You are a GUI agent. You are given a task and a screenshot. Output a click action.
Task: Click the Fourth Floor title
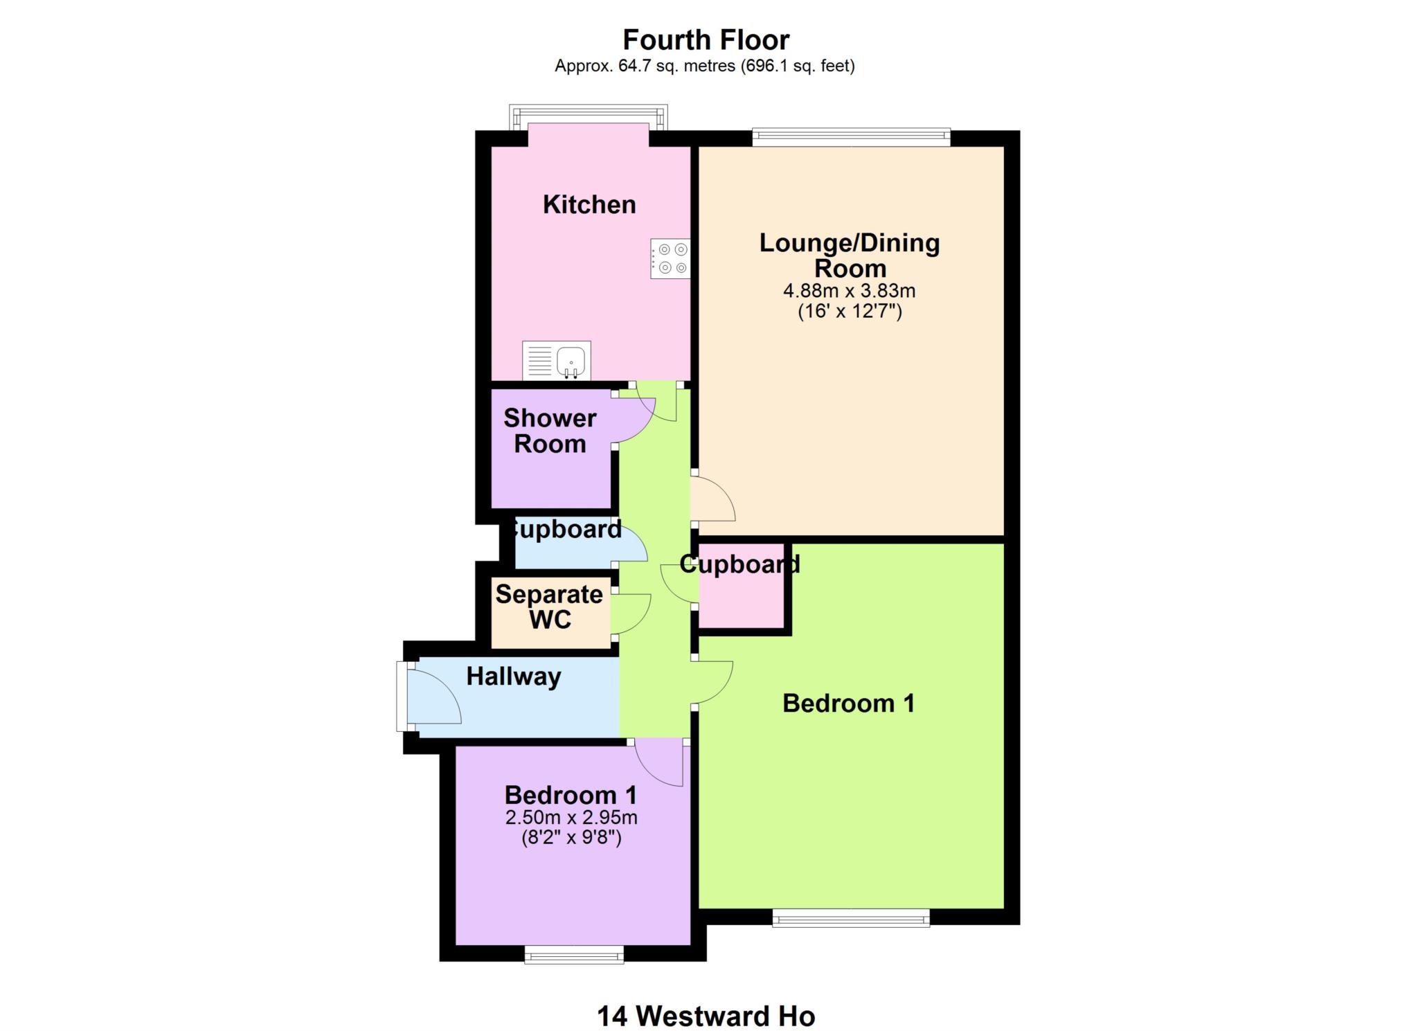pyautogui.click(x=706, y=40)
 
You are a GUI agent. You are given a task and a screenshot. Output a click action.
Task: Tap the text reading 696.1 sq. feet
pyautogui.click(x=798, y=66)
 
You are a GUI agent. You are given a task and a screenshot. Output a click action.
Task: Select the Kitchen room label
pyautogui.click(x=589, y=205)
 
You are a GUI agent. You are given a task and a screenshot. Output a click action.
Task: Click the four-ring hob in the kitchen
pyautogui.click(x=670, y=258)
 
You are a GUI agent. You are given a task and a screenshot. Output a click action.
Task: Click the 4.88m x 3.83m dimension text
pyautogui.click(x=849, y=291)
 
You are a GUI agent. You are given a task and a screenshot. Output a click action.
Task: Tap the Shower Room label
pyautogui.click(x=550, y=431)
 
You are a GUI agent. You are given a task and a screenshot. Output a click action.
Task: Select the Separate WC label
pyautogui.click(x=550, y=607)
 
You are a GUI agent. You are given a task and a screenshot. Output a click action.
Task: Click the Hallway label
pyautogui.click(x=513, y=676)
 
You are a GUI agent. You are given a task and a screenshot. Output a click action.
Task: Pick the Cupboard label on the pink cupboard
pyautogui.click(x=739, y=564)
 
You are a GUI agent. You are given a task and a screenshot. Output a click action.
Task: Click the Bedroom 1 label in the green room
pyautogui.click(x=848, y=703)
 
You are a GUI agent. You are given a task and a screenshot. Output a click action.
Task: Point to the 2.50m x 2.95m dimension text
pyautogui.click(x=571, y=818)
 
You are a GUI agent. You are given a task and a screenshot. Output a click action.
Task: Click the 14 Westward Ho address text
pyautogui.click(x=706, y=1016)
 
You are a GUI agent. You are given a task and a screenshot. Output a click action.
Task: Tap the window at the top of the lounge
pyautogui.click(x=851, y=136)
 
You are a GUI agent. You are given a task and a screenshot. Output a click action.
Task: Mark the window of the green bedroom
pyautogui.click(x=851, y=918)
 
